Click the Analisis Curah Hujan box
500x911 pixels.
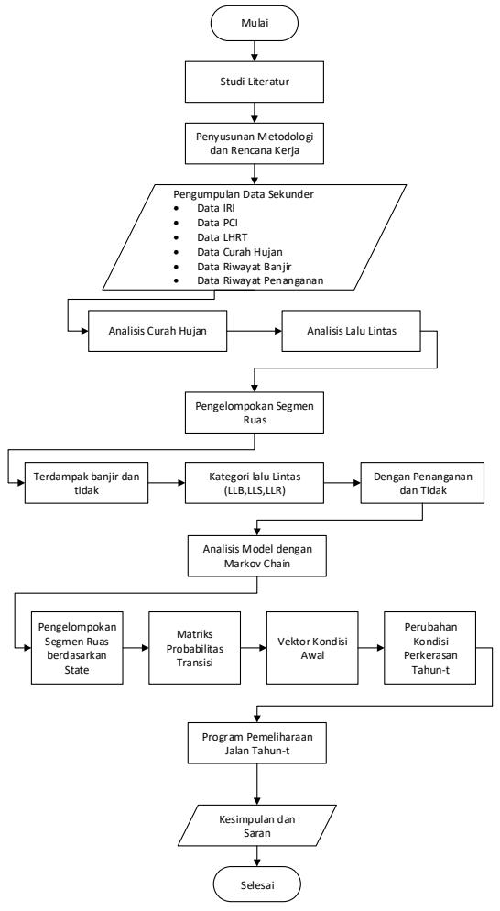tap(158, 331)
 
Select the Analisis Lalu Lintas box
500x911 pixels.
tap(351, 331)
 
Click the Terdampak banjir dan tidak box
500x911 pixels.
tap(86, 483)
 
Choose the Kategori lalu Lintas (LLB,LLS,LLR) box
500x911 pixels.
tap(255, 483)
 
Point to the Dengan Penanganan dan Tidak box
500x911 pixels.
tap(422, 483)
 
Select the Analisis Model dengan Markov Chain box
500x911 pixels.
tap(256, 555)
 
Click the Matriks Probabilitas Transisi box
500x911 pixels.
tap(194, 647)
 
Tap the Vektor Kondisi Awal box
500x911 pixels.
tap(312, 647)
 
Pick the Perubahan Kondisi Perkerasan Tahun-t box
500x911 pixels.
tap(429, 647)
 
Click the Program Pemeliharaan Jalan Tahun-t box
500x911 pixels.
tap(257, 743)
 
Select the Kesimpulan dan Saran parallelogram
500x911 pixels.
tap(257, 826)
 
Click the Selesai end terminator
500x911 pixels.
tap(257, 884)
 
